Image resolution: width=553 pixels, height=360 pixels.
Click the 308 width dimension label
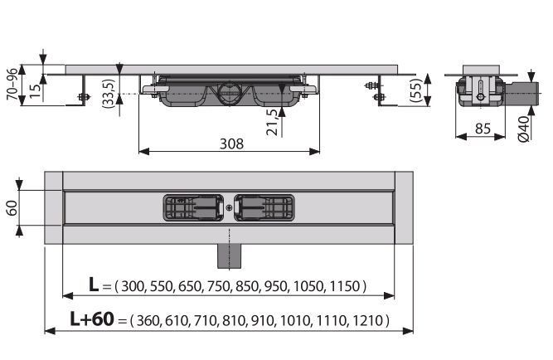pyautogui.click(x=231, y=144)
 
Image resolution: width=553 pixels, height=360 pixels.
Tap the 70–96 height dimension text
pyautogui.click(x=12, y=84)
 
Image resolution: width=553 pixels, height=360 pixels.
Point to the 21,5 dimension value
pyautogui.click(x=272, y=123)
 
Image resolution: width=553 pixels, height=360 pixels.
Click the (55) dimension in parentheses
pyautogui.click(x=416, y=90)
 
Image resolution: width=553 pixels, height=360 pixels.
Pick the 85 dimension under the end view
pyautogui.click(x=483, y=129)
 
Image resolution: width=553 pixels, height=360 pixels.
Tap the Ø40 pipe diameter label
pyautogui.click(x=524, y=129)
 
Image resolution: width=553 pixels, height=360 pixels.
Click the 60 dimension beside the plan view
pyautogui.click(x=12, y=208)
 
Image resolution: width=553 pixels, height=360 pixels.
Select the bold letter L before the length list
pyautogui.click(x=94, y=285)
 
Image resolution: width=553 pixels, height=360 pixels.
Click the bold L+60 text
pyautogui.click(x=92, y=319)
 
